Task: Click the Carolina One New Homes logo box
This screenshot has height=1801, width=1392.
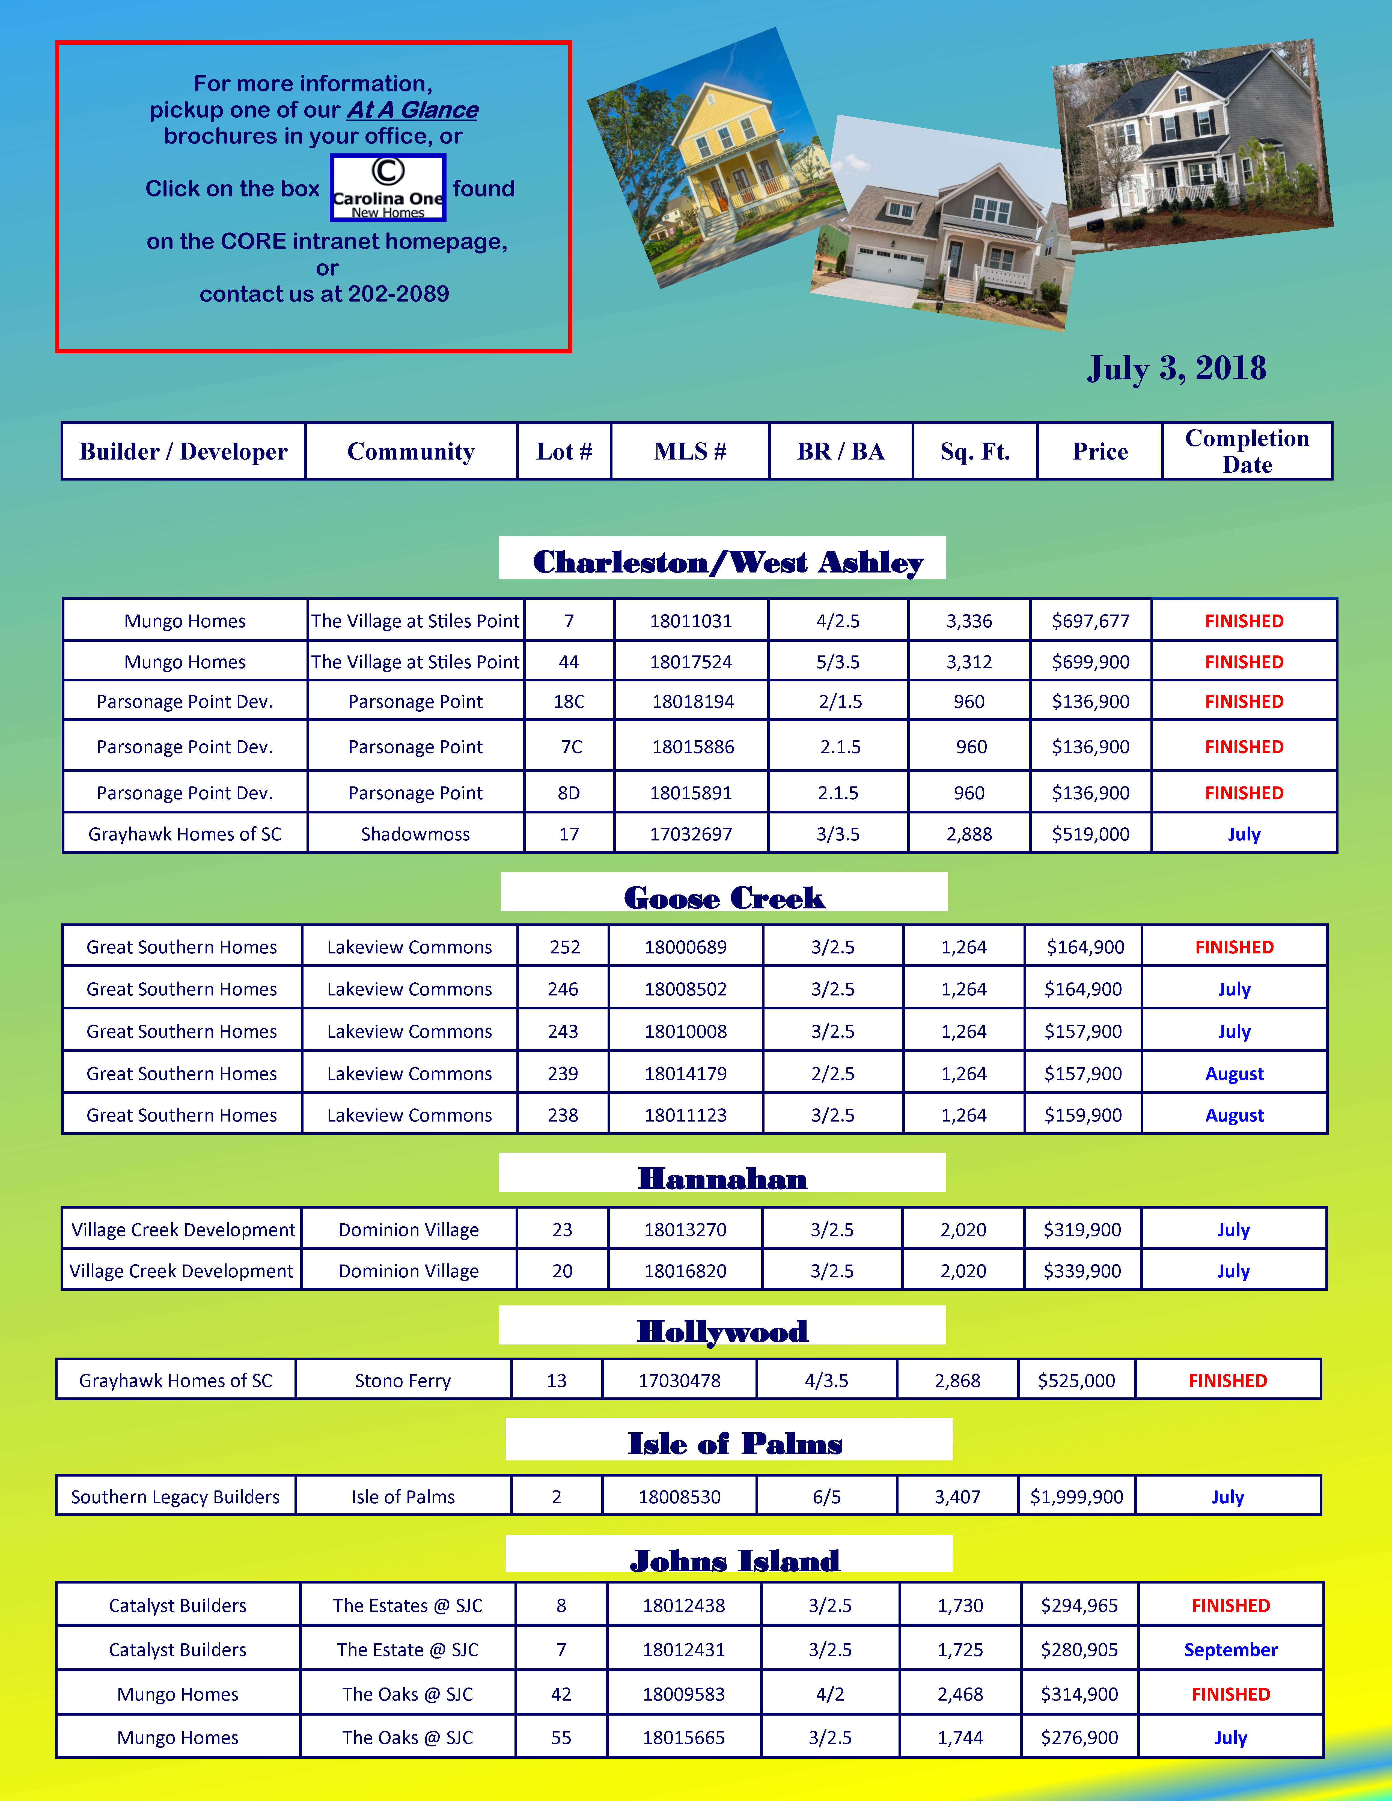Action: pos(388,188)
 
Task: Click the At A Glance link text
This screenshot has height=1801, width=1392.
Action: pos(412,110)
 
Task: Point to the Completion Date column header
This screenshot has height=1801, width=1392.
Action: pos(1247,452)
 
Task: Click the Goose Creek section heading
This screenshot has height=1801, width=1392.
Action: pos(724,897)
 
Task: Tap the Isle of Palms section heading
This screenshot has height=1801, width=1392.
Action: pos(735,1444)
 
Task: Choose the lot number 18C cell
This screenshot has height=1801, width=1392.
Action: pos(569,702)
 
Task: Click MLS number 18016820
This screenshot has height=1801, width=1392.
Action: pos(685,1271)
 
